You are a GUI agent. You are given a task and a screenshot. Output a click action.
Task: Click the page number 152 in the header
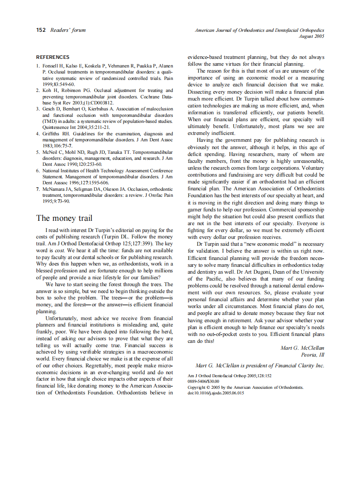pyautogui.click(x=41, y=30)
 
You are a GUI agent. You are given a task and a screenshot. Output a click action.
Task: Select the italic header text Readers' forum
pyautogui.click(x=68, y=30)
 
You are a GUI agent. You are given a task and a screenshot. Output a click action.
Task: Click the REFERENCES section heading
pyautogui.click(x=52, y=57)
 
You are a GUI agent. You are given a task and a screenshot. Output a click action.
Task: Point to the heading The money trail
pyautogui.click(x=64, y=219)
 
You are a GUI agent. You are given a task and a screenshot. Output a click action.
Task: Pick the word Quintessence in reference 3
pyautogui.click(x=56, y=127)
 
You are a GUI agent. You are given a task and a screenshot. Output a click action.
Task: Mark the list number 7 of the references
pyautogui.click(x=38, y=189)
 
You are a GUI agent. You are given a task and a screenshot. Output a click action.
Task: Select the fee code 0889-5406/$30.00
pyautogui.click(x=203, y=381)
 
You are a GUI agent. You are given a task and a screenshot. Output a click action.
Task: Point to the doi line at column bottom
pyautogui.click(x=216, y=393)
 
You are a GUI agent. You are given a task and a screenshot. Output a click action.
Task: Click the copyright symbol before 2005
pyautogui.click(x=208, y=387)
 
